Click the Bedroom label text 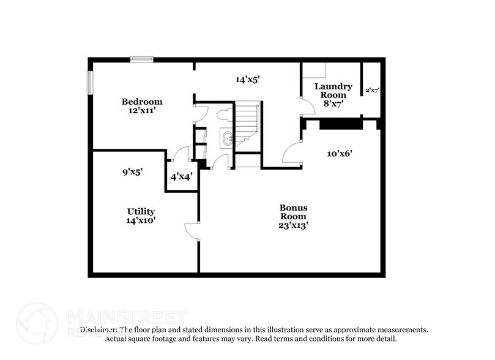point(142,102)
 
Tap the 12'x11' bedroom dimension point(142,111)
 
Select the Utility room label point(141,211)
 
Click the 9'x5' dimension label point(132,173)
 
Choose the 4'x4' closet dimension point(182,177)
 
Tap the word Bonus point(293,208)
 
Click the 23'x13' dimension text point(293,225)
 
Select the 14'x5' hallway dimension point(248,79)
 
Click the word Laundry point(333,86)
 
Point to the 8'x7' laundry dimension point(333,103)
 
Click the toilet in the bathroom point(224,115)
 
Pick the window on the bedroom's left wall point(90,83)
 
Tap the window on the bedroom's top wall point(142,59)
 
